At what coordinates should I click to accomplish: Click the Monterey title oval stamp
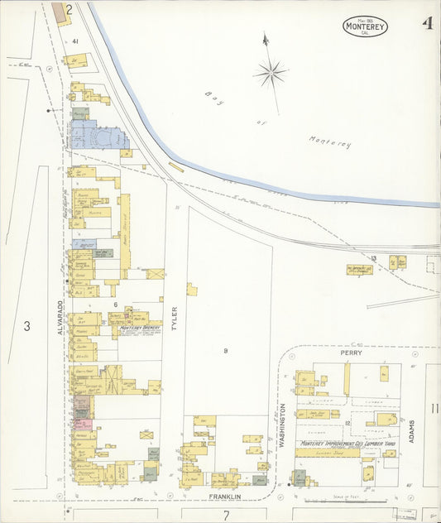click(365, 26)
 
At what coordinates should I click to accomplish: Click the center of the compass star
click(270, 73)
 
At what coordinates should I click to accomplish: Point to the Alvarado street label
click(60, 315)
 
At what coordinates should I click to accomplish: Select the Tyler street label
click(174, 319)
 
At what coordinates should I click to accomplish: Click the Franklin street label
click(224, 497)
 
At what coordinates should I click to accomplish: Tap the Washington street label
click(283, 425)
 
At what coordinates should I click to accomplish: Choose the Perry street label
click(345, 352)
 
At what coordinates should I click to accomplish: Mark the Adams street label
click(411, 429)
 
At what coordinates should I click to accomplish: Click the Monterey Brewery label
click(139, 328)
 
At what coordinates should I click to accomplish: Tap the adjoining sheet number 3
click(26, 327)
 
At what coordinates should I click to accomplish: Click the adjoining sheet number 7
click(224, 515)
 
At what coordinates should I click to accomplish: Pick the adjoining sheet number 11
click(434, 408)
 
